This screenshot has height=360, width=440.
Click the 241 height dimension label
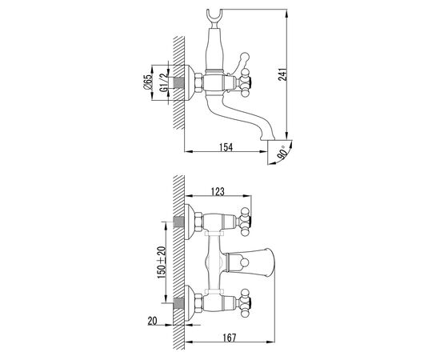pos(283,74)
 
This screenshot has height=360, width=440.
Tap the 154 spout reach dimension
pos(226,146)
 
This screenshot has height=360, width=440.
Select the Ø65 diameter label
pos(147,82)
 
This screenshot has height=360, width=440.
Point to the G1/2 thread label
pos(163,82)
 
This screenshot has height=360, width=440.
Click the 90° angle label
pos(282,153)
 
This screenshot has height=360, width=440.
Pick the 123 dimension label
pos(218,191)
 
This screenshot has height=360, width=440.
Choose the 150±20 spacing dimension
pos(162,262)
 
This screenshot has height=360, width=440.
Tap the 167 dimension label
pos(230,338)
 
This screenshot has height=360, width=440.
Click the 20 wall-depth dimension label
pos(152,321)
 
